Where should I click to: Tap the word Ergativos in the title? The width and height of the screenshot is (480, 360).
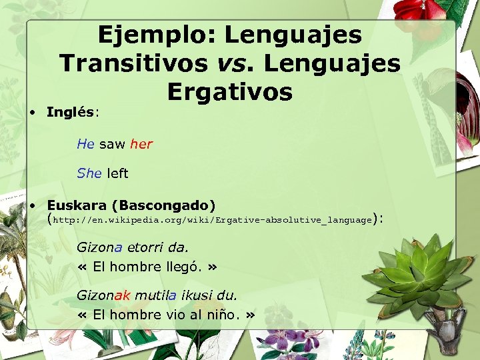(230, 92)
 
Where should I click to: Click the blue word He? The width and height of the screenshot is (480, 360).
(85, 143)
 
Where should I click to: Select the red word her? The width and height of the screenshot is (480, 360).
(141, 143)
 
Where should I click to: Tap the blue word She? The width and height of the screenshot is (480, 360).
(89, 173)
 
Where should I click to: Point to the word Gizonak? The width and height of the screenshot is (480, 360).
(103, 295)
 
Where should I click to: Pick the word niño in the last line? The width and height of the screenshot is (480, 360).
(219, 315)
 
